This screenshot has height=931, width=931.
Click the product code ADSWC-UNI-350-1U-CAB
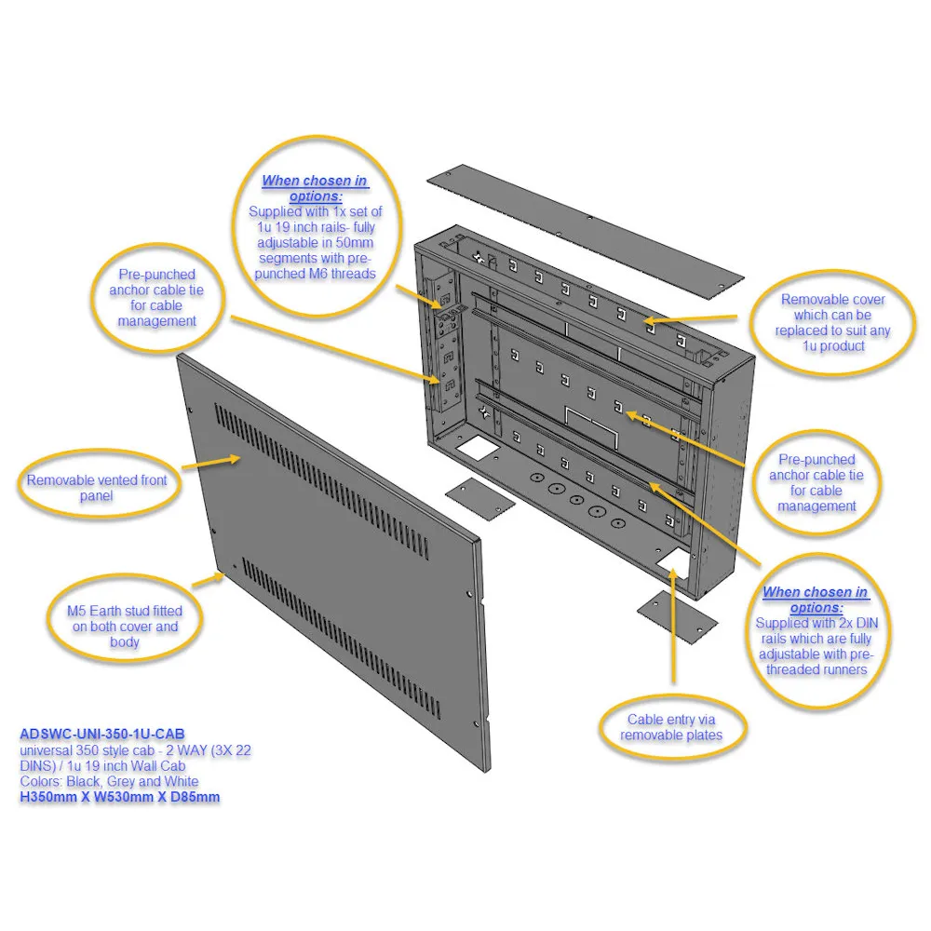102,735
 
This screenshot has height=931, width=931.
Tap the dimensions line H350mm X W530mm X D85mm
120,797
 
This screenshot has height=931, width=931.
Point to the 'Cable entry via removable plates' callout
671,727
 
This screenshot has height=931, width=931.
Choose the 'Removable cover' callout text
832,322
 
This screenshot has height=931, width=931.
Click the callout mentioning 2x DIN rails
816,630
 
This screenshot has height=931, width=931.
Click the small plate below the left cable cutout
479,499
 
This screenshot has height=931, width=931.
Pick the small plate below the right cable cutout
677,617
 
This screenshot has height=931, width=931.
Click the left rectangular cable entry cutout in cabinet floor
476,447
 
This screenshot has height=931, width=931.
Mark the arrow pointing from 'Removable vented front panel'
211,463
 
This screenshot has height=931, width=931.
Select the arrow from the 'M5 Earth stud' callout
209,580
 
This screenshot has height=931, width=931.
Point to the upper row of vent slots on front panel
321,481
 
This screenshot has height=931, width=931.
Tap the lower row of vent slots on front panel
342,639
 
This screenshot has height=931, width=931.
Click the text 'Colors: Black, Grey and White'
109,781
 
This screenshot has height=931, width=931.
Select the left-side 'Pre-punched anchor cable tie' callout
156,298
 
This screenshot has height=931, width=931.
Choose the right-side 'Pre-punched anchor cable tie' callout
816,482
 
